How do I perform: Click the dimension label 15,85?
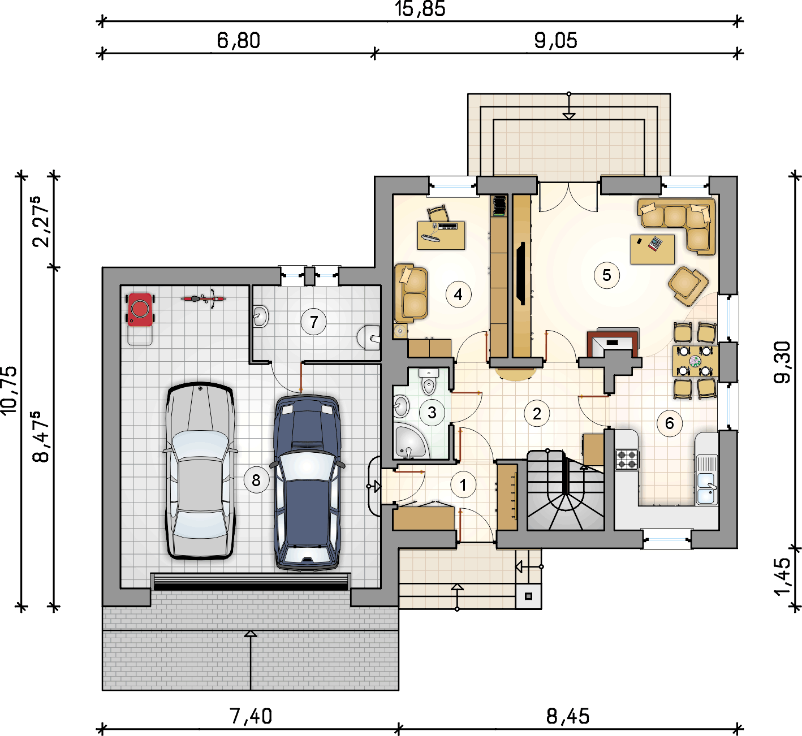(x=420, y=9)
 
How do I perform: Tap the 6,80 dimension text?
(x=238, y=41)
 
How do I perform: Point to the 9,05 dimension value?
(x=556, y=41)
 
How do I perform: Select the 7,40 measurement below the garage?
(x=251, y=716)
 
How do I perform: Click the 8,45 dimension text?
(x=568, y=716)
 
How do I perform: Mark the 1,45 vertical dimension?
(x=782, y=577)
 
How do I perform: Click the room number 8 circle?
(x=256, y=480)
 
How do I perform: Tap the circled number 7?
(x=313, y=322)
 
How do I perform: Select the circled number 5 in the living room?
(x=606, y=275)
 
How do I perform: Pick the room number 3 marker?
(x=432, y=413)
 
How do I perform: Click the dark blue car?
(x=307, y=483)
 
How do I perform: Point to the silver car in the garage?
(x=200, y=470)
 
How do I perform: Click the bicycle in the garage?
(x=204, y=298)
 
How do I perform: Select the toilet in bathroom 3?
(x=429, y=382)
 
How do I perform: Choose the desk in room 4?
(x=441, y=236)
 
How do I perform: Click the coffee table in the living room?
(x=653, y=249)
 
